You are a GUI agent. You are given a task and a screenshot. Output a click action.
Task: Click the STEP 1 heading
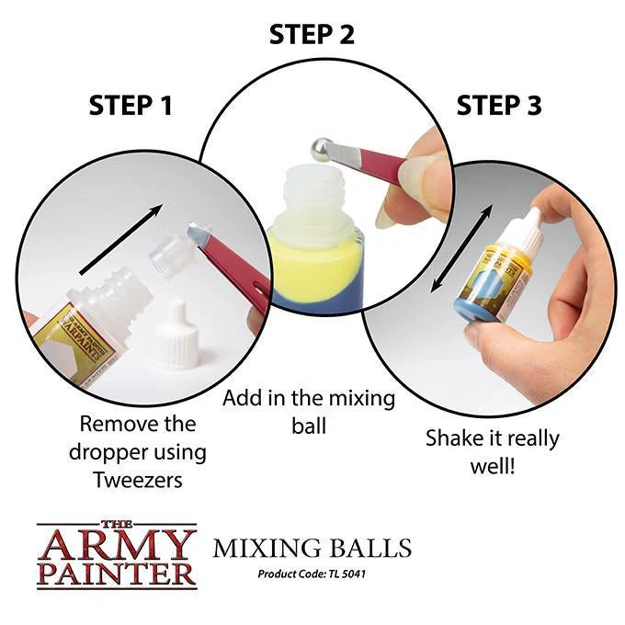point(131,105)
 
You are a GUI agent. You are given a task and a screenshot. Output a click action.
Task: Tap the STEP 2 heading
point(312,35)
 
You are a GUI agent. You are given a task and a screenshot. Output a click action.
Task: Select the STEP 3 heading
point(498,105)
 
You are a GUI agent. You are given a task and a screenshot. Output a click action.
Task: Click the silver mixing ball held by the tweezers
point(321,149)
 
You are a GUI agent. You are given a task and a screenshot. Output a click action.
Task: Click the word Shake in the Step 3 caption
point(453,438)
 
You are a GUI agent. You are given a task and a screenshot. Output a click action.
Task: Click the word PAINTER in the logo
point(117,574)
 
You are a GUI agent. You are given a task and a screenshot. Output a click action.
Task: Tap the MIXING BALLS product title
point(312,550)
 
